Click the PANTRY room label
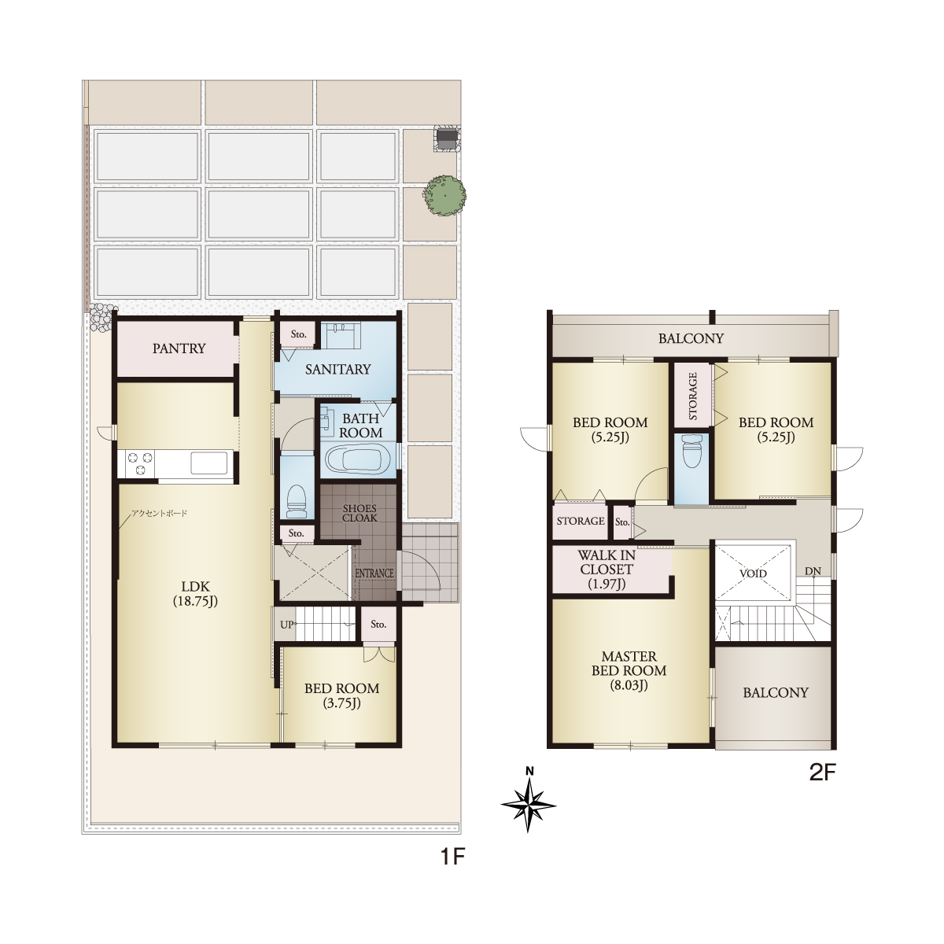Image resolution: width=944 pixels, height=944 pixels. (179, 348)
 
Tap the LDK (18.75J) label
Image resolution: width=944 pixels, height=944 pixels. (195, 593)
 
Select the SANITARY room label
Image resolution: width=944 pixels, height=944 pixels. (338, 370)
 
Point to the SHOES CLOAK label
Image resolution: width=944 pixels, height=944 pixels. (360, 513)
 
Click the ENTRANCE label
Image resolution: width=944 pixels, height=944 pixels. (374, 573)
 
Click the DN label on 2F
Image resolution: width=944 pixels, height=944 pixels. (813, 571)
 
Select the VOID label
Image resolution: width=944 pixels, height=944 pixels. (753, 573)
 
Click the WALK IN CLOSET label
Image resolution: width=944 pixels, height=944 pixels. (607, 570)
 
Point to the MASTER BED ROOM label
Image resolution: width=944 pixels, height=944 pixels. (629, 670)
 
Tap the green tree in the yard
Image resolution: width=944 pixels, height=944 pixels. (444, 195)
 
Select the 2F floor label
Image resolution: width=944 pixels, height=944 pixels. (821, 773)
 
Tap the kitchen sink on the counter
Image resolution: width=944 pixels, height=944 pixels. (209, 463)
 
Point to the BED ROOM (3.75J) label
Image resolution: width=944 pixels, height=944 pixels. (342, 695)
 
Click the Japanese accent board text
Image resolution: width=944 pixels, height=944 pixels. (159, 514)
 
